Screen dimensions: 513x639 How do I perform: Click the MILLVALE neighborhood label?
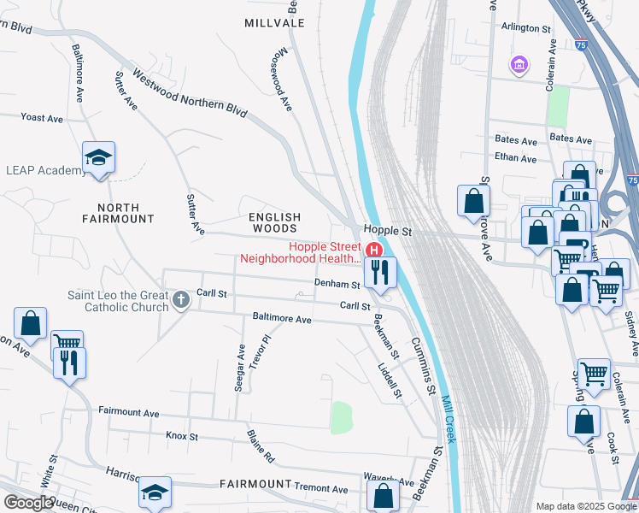click(x=274, y=23)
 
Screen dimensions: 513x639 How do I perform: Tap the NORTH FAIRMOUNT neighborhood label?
click(x=125, y=213)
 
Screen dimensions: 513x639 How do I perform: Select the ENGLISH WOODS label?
click(x=274, y=223)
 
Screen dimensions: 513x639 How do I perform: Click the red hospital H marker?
click(x=373, y=250)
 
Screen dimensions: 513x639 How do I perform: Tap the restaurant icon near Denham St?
click(x=378, y=273)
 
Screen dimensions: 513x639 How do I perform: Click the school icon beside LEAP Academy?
click(x=99, y=158)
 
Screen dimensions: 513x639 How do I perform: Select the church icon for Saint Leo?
click(x=180, y=299)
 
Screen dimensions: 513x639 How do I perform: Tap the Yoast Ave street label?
click(x=43, y=117)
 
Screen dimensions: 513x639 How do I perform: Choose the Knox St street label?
click(x=182, y=436)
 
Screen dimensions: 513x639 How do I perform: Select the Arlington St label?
click(x=526, y=28)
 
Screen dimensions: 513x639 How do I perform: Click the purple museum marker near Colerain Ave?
click(x=518, y=64)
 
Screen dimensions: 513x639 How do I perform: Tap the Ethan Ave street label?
click(x=516, y=158)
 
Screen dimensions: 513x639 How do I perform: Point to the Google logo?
click(x=28, y=502)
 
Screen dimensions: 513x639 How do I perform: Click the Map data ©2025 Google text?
click(x=585, y=506)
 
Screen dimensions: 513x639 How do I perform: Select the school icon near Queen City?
click(x=155, y=492)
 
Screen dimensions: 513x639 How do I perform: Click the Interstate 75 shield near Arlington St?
click(x=581, y=44)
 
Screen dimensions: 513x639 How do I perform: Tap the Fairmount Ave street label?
click(x=129, y=413)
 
